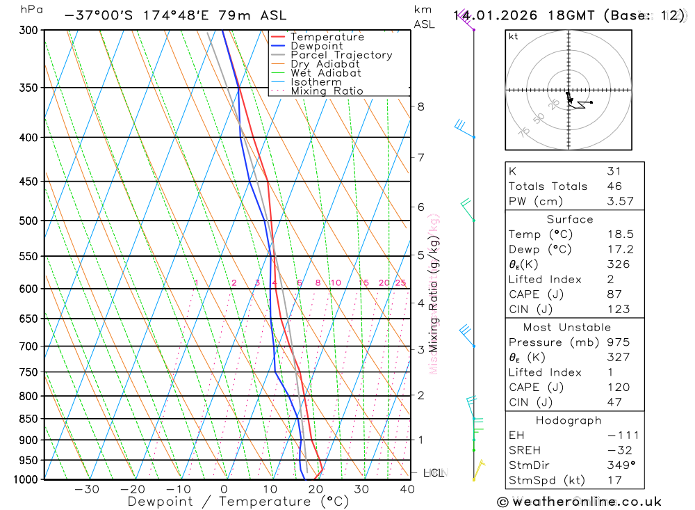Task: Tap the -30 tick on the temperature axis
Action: [x=87, y=489]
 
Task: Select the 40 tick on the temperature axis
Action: [x=407, y=489]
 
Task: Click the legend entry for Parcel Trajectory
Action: [x=341, y=55]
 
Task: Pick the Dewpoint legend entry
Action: [x=317, y=46]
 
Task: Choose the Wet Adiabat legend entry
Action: [x=326, y=73]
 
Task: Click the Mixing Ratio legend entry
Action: [x=327, y=91]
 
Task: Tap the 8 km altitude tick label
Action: [x=421, y=106]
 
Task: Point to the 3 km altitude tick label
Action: [x=421, y=349]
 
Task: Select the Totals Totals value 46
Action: [x=614, y=186]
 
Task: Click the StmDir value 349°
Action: [x=620, y=465]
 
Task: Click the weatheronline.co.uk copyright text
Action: [x=579, y=502]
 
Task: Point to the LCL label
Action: [x=434, y=473]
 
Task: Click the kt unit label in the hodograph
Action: [x=514, y=36]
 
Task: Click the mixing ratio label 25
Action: [x=400, y=282]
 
